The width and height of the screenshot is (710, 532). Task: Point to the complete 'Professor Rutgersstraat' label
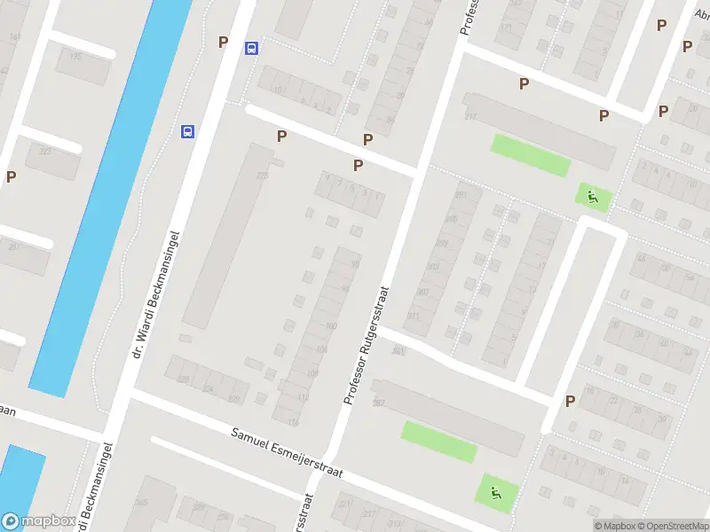pos(367,346)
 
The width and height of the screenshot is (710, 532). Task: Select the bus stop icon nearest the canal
pos(188,131)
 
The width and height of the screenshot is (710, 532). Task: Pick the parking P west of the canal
pos(11,176)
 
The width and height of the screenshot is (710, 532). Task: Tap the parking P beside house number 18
pos(570,401)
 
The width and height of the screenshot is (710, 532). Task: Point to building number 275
pos(262,176)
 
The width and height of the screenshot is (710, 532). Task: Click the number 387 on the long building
pos(379,403)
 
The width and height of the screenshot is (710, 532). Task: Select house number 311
pos(413,316)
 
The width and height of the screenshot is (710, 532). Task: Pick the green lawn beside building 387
pos(438,441)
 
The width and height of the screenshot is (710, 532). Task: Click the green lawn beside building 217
pos(530,154)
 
